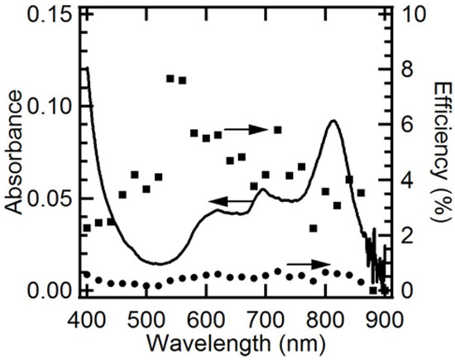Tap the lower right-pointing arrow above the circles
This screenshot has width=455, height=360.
point(303,262)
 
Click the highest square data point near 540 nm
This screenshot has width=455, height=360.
point(170,79)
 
